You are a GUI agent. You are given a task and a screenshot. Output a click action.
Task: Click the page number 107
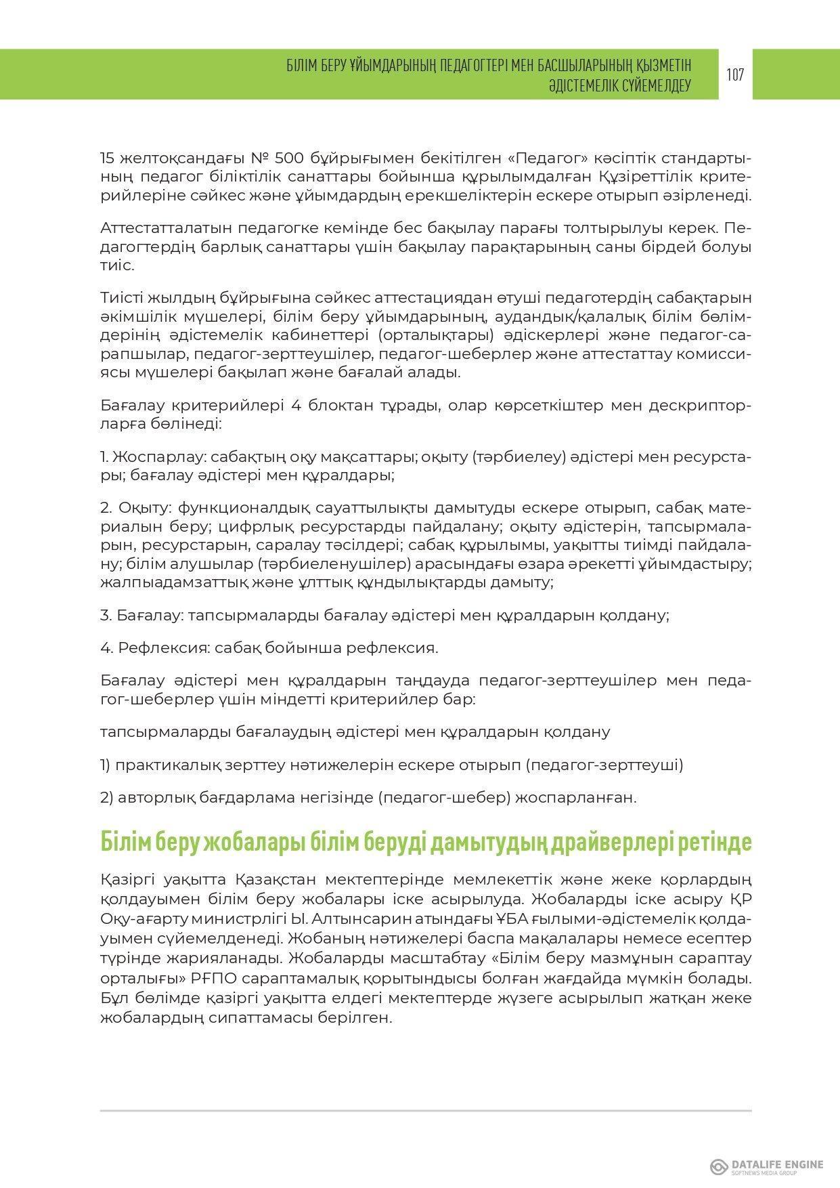(735, 75)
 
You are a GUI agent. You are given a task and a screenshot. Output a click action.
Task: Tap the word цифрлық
(231, 526)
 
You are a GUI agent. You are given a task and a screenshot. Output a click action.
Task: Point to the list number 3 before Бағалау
(105, 615)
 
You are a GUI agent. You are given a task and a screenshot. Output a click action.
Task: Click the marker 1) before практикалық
(105, 765)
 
